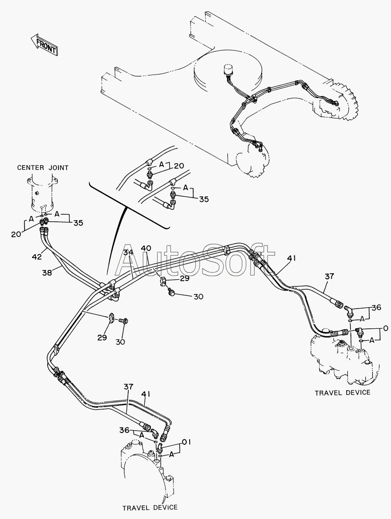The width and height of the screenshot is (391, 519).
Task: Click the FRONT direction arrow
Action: [x=44, y=44]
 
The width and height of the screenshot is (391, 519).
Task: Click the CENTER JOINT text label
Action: [x=43, y=167]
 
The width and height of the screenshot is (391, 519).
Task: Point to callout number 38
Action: [x=48, y=272]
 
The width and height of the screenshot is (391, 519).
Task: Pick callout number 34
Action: [x=129, y=252]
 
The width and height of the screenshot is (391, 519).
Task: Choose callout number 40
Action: [x=146, y=248]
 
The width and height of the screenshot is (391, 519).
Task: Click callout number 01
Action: [x=186, y=443]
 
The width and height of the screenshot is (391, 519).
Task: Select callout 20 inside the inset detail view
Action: [x=179, y=166]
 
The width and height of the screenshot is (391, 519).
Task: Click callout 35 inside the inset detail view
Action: [x=204, y=199]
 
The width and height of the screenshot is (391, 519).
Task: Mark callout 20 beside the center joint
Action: [x=16, y=234]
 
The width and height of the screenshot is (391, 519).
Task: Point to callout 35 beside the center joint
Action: [x=78, y=223]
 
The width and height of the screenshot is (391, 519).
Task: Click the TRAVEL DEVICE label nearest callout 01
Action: [x=150, y=507]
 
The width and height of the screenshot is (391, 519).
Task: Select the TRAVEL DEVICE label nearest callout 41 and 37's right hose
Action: [x=342, y=393]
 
